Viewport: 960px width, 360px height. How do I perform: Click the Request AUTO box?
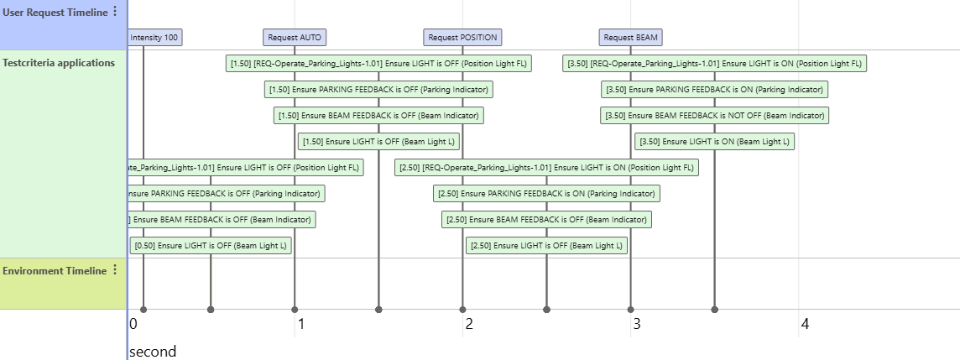point(294,37)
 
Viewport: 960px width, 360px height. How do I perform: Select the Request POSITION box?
point(462,37)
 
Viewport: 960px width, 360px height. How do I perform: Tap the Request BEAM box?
point(631,37)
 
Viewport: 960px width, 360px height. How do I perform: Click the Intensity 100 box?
point(154,37)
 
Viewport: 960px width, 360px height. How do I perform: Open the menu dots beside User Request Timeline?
point(115,12)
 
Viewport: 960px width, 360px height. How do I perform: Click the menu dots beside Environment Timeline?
point(115,270)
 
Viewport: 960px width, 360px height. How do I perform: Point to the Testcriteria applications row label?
point(59,62)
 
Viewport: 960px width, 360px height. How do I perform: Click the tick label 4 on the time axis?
point(805,324)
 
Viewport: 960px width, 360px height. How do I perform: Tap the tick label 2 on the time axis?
point(469,324)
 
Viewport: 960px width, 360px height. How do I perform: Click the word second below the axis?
point(153,351)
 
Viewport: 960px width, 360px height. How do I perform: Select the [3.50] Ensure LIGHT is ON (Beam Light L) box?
point(714,141)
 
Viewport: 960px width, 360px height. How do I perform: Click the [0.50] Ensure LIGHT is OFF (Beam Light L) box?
point(211,246)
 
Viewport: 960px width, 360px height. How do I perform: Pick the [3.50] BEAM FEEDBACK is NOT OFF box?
point(714,115)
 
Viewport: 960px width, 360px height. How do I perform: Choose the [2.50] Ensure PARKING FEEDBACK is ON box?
point(546,194)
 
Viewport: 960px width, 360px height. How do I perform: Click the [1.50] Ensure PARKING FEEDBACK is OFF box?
point(378,89)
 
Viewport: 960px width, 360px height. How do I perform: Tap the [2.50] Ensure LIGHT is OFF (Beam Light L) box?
point(546,246)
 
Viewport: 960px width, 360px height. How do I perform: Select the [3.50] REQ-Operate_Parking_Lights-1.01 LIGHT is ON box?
point(714,63)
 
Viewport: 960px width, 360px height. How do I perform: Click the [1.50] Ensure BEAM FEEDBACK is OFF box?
point(378,115)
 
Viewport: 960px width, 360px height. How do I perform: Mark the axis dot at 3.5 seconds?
point(714,310)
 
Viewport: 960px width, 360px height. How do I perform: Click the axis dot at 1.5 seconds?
point(378,310)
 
